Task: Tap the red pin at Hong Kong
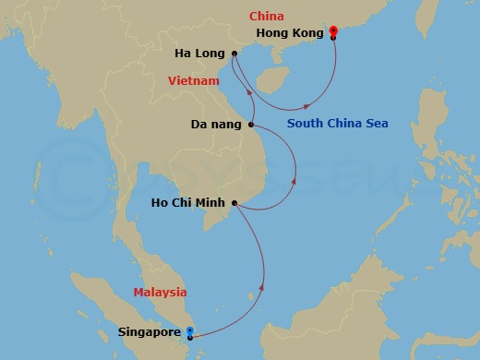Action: coord(333,30)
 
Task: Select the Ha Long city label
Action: coord(198,54)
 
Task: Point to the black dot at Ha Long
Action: coord(234,54)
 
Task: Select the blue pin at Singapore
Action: coord(190,330)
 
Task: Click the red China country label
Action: coord(267,16)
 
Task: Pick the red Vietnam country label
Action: coord(194,81)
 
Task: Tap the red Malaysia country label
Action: coord(160,292)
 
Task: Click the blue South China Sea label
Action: coord(337,123)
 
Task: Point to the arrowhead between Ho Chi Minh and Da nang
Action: coord(294,181)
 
